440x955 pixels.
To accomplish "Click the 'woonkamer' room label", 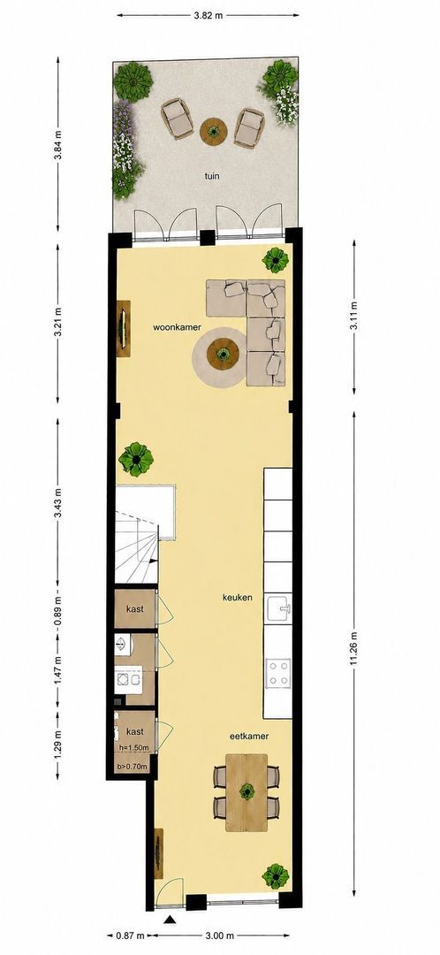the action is (x=172, y=327).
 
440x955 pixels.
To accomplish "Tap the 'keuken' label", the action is (x=238, y=598).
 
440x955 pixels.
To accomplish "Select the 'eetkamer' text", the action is (x=249, y=736).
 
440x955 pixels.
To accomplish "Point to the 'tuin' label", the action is (x=212, y=177).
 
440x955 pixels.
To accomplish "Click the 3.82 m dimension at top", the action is (x=208, y=15).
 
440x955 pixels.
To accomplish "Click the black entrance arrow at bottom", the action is (x=171, y=921).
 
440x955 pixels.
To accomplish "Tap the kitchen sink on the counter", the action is (x=278, y=607).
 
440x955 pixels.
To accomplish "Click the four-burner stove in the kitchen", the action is (x=278, y=673).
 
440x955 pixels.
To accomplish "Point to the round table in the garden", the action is (x=214, y=131).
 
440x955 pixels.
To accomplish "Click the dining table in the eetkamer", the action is (x=247, y=791).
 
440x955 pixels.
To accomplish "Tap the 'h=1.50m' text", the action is (x=133, y=747).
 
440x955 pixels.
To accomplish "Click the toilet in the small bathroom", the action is (x=122, y=645).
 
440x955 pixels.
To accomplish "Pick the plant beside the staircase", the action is (x=136, y=459).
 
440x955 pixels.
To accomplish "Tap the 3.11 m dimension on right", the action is (x=354, y=314).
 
